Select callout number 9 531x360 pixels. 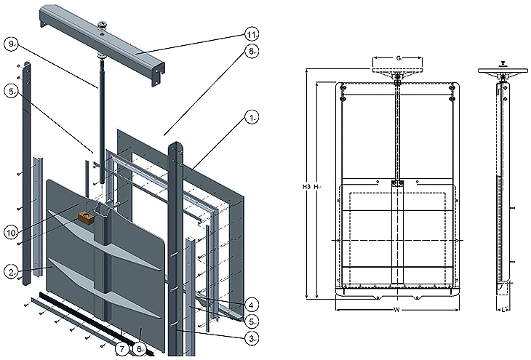pos(11,44)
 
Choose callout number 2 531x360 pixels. pos(12,271)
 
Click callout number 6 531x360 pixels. pos(140,350)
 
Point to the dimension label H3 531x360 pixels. pos(307,187)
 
